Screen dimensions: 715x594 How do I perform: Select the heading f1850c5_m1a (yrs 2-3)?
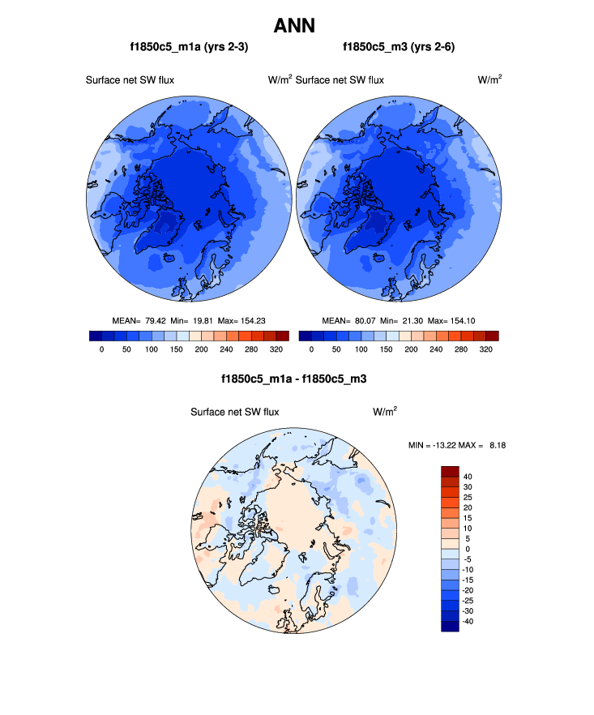(189, 47)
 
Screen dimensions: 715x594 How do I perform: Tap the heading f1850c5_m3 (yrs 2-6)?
(399, 47)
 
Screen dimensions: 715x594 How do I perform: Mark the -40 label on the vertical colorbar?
(470, 621)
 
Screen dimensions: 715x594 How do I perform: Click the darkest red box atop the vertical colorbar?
(450, 471)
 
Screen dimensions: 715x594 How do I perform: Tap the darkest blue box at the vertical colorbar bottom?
(450, 626)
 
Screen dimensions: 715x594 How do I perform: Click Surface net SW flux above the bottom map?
(234, 412)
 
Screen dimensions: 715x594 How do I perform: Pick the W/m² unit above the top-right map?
(489, 79)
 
